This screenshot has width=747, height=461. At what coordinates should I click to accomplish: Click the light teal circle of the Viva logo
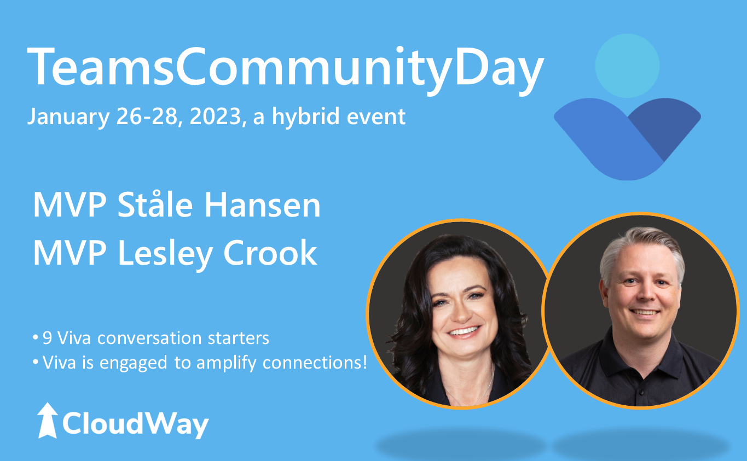tap(627, 66)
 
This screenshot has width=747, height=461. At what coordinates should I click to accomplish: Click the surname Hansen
tap(262, 205)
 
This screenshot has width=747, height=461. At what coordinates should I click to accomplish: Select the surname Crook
tap(270, 253)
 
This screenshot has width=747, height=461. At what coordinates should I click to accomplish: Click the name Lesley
tap(165, 254)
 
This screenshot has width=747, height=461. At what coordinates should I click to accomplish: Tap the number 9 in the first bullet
tap(47, 338)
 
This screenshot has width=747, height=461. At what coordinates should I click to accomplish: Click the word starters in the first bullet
tap(238, 338)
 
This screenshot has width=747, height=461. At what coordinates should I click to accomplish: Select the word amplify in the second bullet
tap(226, 363)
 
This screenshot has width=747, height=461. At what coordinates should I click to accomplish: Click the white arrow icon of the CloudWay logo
tap(48, 420)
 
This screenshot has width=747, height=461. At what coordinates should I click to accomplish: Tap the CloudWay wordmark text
tap(135, 424)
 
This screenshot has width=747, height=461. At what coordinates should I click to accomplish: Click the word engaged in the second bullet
tap(134, 363)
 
